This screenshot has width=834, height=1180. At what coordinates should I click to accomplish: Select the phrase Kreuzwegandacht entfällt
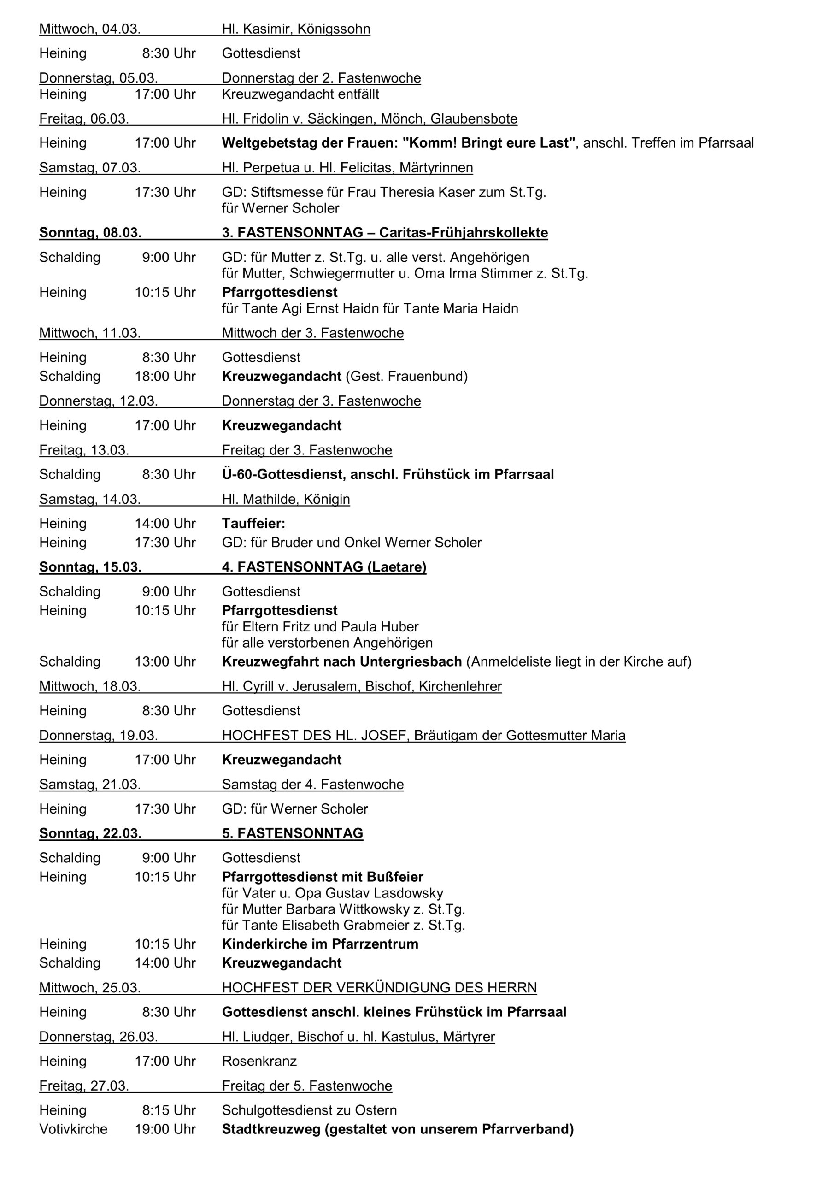(300, 94)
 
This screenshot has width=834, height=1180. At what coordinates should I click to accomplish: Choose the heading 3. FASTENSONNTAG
(293, 233)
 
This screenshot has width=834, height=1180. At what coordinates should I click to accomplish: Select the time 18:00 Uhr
(165, 376)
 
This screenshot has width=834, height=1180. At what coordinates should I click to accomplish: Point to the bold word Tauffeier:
(253, 524)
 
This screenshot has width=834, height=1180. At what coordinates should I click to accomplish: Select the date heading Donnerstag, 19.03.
(98, 736)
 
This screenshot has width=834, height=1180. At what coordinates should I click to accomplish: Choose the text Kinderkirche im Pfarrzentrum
(320, 944)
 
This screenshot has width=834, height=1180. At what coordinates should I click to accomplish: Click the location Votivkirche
(73, 1129)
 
